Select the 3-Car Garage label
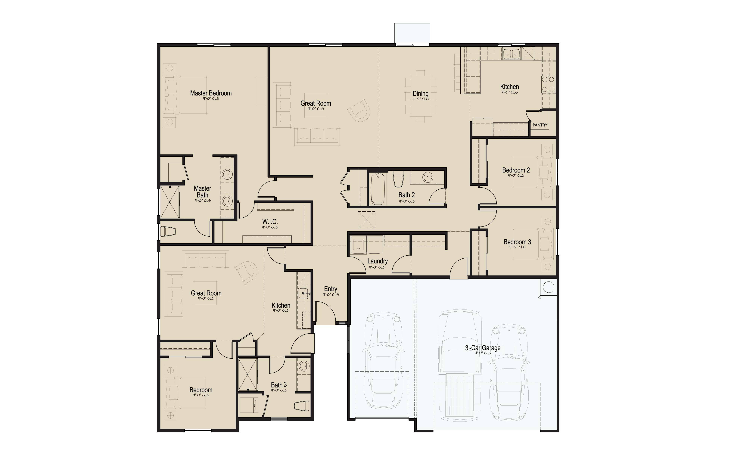click(483, 348)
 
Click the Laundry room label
click(377, 261)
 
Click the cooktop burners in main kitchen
click(548, 85)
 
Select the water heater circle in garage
click(549, 287)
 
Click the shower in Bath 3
click(248, 375)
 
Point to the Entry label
click(330, 289)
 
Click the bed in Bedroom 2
click(532, 173)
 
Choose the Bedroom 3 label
click(517, 242)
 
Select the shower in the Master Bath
click(170, 202)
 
